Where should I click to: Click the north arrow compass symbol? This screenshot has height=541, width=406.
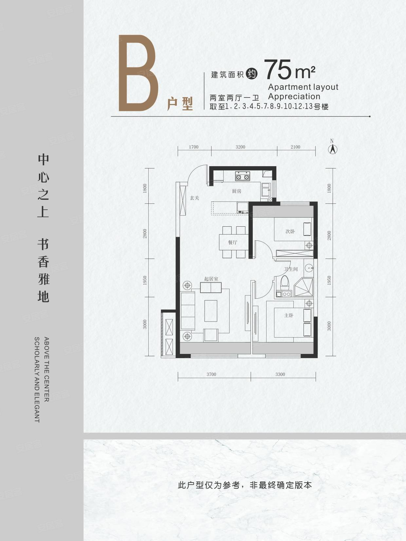pyautogui.click(x=333, y=149)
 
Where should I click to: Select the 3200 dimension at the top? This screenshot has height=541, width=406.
pyautogui.click(x=240, y=147)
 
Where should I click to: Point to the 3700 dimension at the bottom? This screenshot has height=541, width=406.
pyautogui.click(x=211, y=374)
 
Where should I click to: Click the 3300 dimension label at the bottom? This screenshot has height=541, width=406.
pyautogui.click(x=280, y=374)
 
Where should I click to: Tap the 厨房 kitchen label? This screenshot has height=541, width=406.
pyautogui.click(x=236, y=191)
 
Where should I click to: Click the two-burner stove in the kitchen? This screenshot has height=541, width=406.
pyautogui.click(x=242, y=177)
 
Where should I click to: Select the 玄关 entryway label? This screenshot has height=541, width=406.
pyautogui.click(x=194, y=198)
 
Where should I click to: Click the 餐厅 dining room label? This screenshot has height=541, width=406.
pyautogui.click(x=232, y=242)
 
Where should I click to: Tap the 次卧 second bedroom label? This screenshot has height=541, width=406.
pyautogui.click(x=290, y=231)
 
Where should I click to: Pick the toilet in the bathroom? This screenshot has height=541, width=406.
pyautogui.click(x=285, y=283)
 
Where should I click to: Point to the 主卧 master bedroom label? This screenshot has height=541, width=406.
pyautogui.click(x=289, y=315)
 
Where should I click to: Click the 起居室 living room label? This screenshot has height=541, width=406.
pyautogui.click(x=211, y=279)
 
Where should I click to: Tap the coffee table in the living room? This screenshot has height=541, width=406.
pyautogui.click(x=211, y=311)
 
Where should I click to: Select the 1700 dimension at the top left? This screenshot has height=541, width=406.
pyautogui.click(x=194, y=147)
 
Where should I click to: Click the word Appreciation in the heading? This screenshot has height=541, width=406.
pyautogui.click(x=294, y=96)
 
